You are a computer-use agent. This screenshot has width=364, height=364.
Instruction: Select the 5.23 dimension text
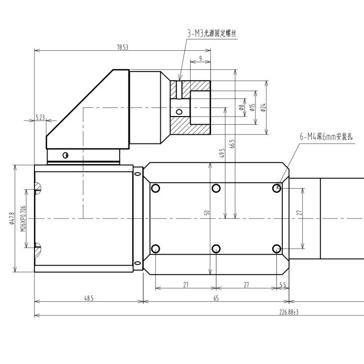(41, 117)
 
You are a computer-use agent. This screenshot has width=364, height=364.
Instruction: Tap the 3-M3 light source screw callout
(212, 33)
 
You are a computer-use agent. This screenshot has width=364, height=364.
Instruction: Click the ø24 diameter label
(263, 107)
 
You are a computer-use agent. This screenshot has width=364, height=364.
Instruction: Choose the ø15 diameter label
(252, 107)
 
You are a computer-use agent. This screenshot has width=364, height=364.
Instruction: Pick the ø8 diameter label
(241, 107)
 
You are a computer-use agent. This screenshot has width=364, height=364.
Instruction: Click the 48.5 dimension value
(89, 299)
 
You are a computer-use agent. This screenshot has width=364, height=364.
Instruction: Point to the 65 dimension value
(216, 299)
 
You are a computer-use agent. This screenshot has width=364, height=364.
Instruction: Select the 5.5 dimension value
(282, 285)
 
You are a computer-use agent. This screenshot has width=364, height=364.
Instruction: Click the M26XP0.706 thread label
(22, 219)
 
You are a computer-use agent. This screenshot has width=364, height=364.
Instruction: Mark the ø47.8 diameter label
(12, 219)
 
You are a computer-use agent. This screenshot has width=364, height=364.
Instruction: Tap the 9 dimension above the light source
(200, 59)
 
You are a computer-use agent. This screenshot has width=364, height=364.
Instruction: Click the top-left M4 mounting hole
(156, 189)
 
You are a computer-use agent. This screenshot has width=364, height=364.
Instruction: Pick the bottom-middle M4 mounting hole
(216, 248)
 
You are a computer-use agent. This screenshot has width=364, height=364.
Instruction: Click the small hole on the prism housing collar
(65, 155)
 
